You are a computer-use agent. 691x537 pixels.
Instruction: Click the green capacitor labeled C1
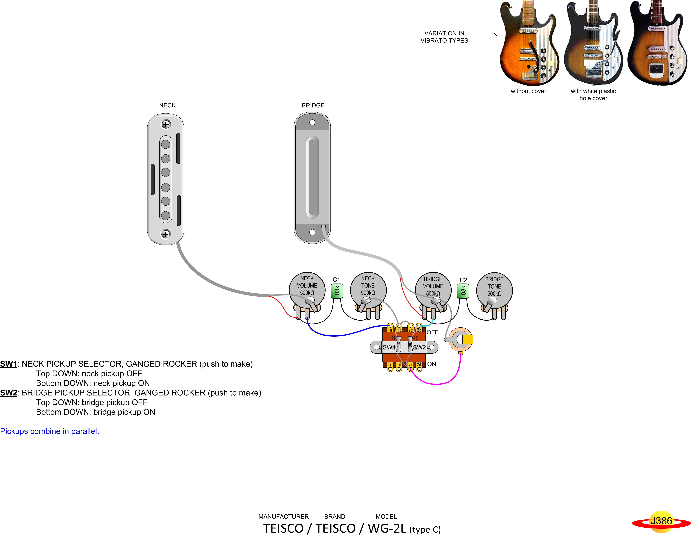[337, 291]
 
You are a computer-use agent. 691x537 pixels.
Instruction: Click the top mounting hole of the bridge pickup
[312, 122]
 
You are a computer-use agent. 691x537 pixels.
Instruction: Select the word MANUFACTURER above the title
[283, 516]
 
